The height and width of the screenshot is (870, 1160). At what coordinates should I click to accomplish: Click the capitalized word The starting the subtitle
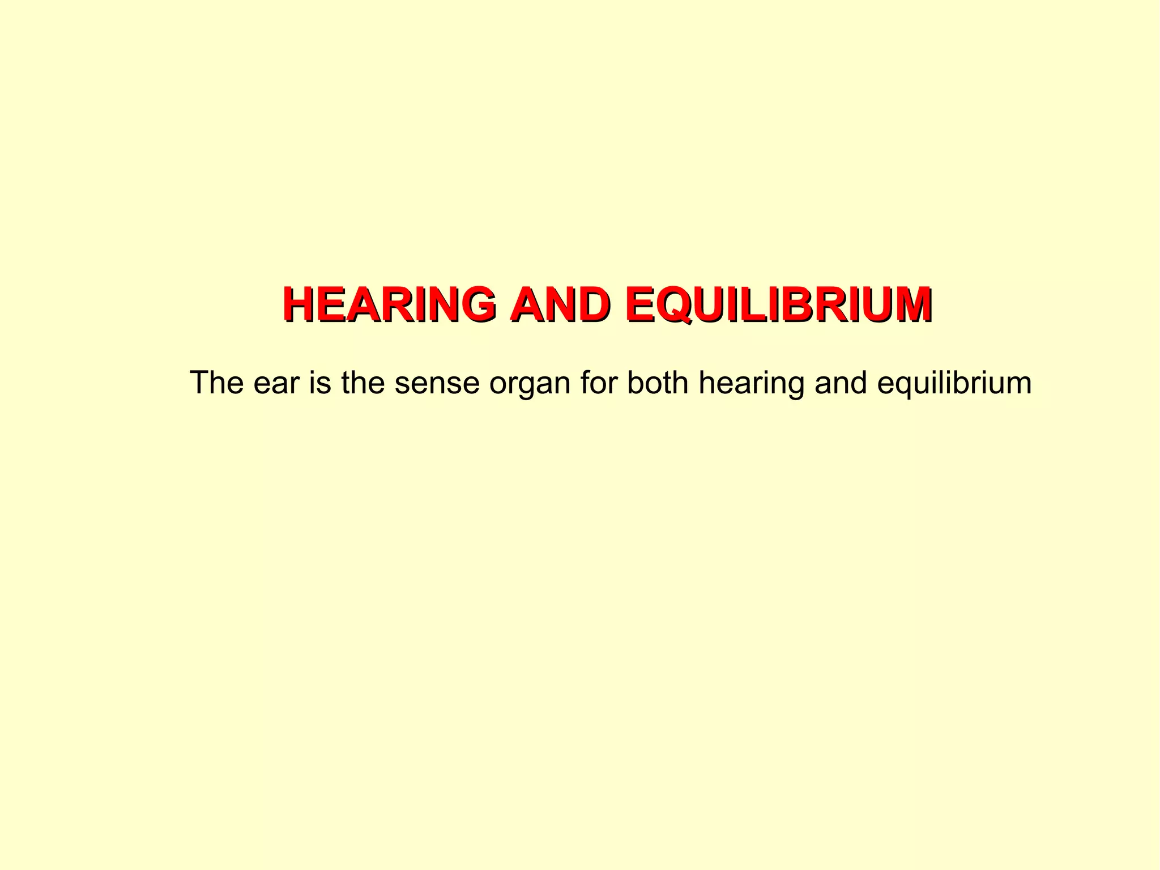(217, 383)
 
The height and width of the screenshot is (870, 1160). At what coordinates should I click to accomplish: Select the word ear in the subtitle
(276, 384)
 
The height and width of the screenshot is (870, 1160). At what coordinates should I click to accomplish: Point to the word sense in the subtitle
(437, 384)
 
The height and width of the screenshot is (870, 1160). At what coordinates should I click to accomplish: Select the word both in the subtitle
(657, 383)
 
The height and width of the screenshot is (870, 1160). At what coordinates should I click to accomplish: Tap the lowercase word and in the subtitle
(841, 383)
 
